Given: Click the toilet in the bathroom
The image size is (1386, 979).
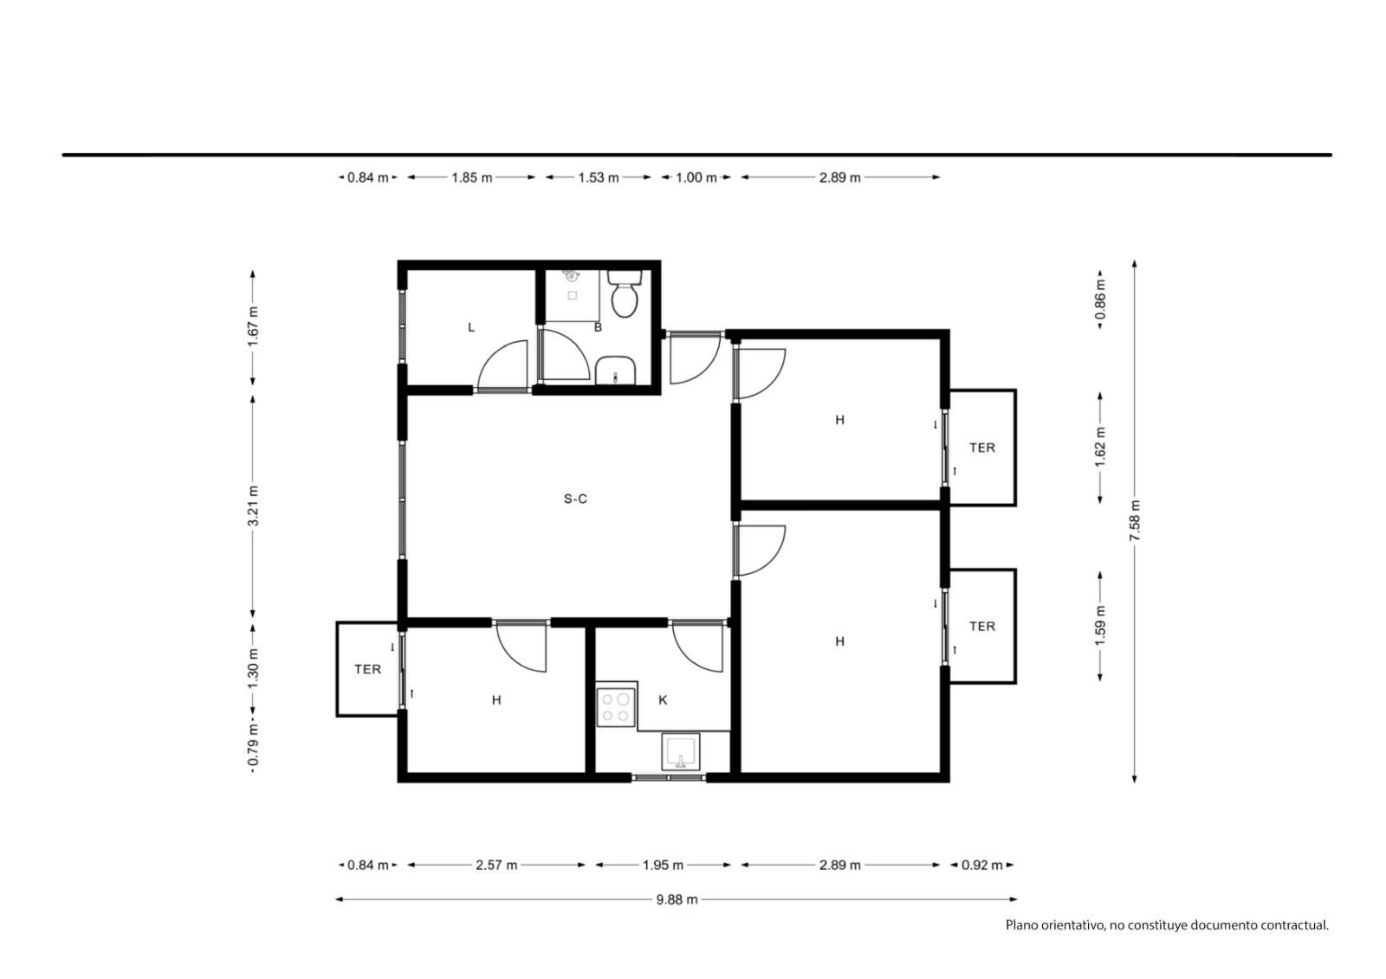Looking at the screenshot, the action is [x=625, y=293].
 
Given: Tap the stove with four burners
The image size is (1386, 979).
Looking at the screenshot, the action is [x=616, y=707].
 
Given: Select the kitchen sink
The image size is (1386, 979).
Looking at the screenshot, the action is [x=681, y=752].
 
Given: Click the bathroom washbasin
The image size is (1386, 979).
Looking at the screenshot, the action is [x=616, y=370].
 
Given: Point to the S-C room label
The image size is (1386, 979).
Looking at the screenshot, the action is [x=575, y=499].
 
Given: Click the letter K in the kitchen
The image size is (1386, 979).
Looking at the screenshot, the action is [x=663, y=700].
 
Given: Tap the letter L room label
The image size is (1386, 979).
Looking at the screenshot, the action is [x=471, y=327].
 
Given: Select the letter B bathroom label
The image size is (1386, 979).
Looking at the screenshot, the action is [x=598, y=327].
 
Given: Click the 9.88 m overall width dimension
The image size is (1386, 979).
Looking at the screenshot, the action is [x=677, y=900].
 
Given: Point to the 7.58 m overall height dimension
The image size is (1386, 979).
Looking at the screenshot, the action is [x=1135, y=521].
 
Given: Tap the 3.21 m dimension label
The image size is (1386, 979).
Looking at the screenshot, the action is [x=253, y=506].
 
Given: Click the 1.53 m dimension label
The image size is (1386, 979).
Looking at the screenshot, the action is [x=599, y=177].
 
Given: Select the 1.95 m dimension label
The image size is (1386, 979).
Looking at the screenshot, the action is [x=663, y=866].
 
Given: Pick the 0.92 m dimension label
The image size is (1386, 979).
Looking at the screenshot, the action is [x=982, y=866].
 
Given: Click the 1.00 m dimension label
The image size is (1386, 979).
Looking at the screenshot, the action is [x=696, y=177].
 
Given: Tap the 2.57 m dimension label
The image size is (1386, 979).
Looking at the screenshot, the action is [x=496, y=866].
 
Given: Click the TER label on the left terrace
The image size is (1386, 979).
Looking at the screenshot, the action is [x=367, y=669].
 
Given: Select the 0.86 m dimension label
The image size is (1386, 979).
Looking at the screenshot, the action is [x=1100, y=300].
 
